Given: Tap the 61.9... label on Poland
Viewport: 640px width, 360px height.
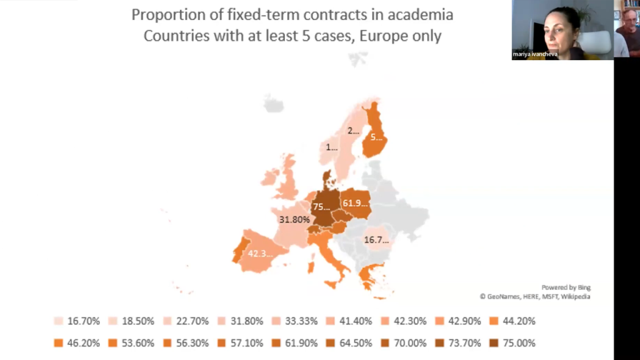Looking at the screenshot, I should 356,202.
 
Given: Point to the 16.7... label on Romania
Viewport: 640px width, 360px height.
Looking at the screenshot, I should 377,239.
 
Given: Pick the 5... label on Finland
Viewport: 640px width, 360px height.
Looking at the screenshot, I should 376,136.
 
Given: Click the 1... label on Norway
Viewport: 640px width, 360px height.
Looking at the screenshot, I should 332,148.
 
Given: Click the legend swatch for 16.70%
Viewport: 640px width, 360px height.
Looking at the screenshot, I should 59,321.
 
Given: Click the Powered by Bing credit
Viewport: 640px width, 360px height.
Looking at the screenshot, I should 566,287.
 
